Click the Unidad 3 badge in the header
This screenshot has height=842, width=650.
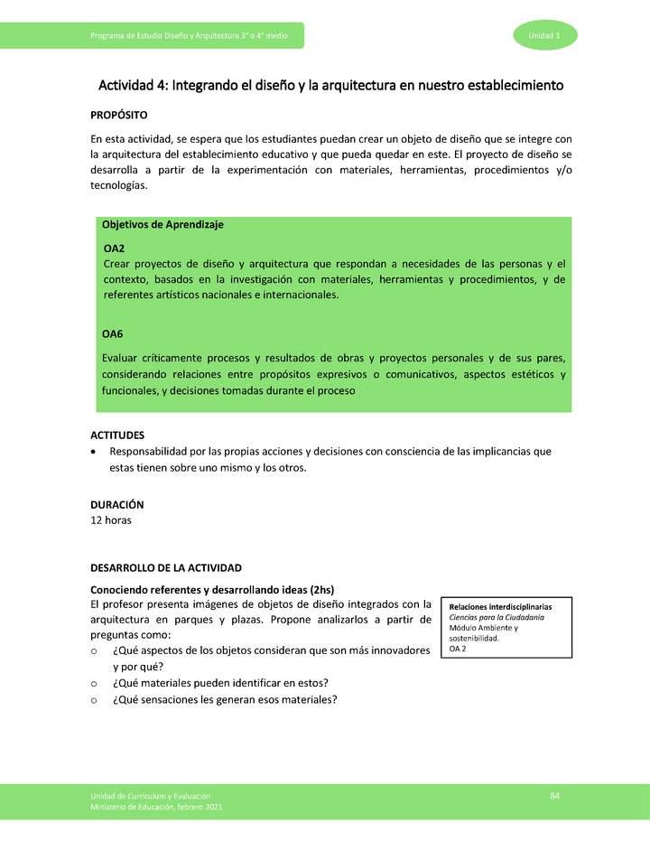(545, 35)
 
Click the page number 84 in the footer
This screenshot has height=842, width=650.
(555, 794)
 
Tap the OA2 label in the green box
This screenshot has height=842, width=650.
(114, 248)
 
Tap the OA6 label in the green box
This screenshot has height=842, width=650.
(113, 334)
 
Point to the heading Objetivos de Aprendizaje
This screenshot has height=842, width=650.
(162, 224)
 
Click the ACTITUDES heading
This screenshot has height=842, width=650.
(117, 435)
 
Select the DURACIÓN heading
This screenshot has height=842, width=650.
(117, 504)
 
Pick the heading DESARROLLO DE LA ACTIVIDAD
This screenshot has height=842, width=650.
(166, 568)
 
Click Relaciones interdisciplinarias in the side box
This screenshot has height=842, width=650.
(500, 606)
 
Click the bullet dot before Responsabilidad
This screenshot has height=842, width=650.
(95, 452)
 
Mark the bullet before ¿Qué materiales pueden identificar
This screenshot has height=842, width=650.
(95, 683)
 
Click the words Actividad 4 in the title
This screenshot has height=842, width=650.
(131, 86)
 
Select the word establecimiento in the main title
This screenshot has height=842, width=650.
(506, 86)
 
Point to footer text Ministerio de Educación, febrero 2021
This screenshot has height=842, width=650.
(155, 806)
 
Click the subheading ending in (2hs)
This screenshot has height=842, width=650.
(212, 589)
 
